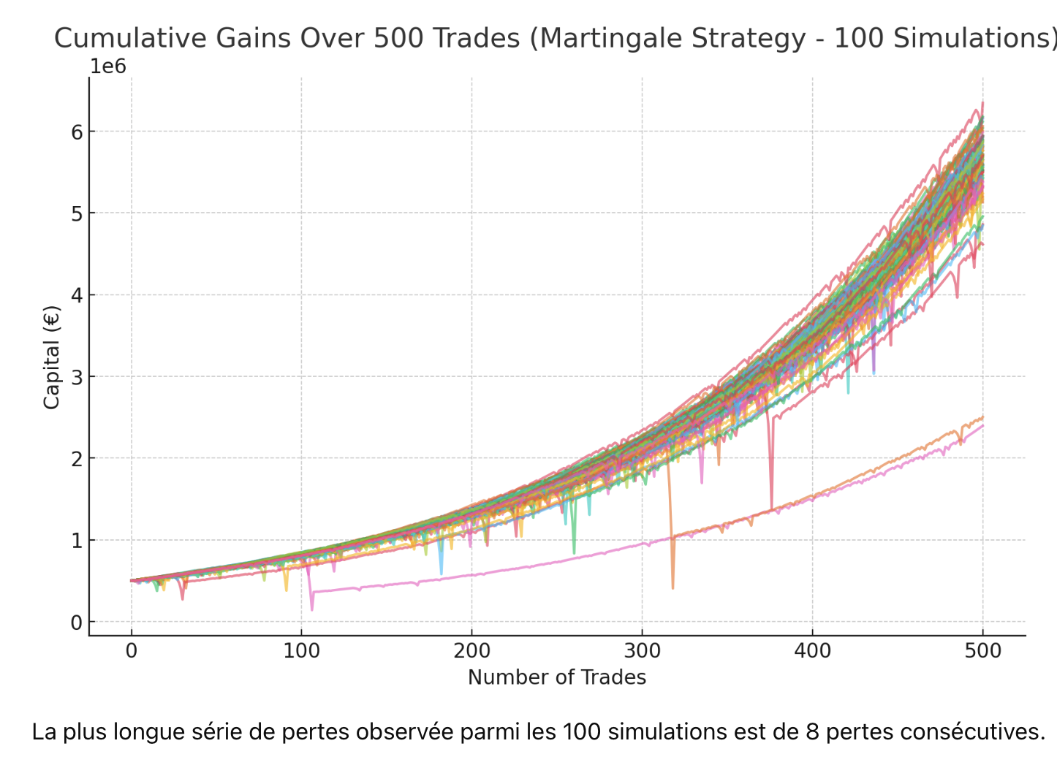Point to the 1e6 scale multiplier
[108, 67]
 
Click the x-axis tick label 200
[471, 650]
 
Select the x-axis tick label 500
[982, 650]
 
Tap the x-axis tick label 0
[132, 650]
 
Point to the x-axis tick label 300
[642, 650]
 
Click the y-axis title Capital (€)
[51, 357]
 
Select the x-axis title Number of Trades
[557, 677]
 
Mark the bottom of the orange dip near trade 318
[673, 587]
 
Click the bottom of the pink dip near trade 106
[312, 609]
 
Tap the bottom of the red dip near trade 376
[772, 509]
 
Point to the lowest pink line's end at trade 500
[982, 425]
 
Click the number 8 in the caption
[813, 731]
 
